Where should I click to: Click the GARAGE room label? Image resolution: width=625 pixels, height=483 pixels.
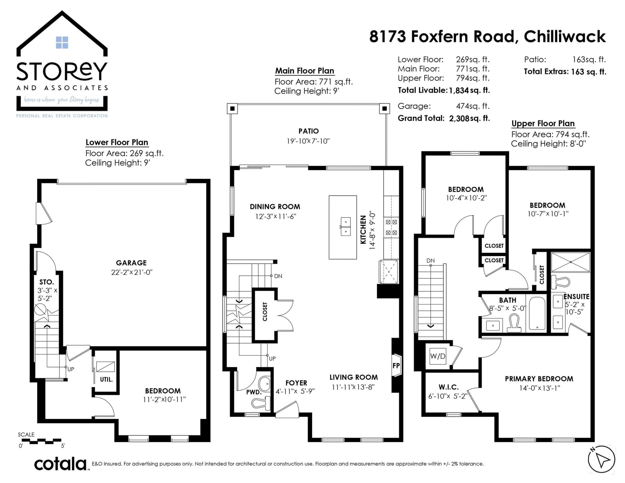tap(131, 262)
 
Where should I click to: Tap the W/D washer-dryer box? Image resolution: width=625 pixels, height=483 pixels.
tap(437, 356)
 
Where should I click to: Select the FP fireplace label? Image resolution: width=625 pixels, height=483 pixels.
tap(396, 365)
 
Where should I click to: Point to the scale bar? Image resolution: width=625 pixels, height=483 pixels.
tap(40, 441)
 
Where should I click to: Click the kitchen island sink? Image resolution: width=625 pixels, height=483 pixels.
tap(345, 226)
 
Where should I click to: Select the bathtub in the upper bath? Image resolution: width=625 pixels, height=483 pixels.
tap(537, 313)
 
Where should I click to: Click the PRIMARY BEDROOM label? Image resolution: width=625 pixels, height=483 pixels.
tap(539, 379)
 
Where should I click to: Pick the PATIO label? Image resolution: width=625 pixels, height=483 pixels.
tap(308, 131)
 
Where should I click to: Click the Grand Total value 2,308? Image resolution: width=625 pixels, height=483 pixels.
tap(459, 118)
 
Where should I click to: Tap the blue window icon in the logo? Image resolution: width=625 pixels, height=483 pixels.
tap(62, 43)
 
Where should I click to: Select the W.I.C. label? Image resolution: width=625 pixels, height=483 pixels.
tap(448, 387)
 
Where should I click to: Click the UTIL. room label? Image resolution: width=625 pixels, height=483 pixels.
tap(106, 380)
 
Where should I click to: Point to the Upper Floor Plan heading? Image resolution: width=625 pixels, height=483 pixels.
tap(543, 123)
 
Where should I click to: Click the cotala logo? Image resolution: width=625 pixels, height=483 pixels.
tap(61, 464)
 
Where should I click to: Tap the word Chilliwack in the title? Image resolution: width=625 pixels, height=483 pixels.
tap(564, 37)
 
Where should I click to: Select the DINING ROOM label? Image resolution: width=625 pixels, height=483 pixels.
tap(275, 207)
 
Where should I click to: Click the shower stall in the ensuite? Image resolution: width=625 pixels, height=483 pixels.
tap(570, 262)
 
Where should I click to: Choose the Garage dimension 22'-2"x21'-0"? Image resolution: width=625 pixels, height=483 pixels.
tap(131, 272)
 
